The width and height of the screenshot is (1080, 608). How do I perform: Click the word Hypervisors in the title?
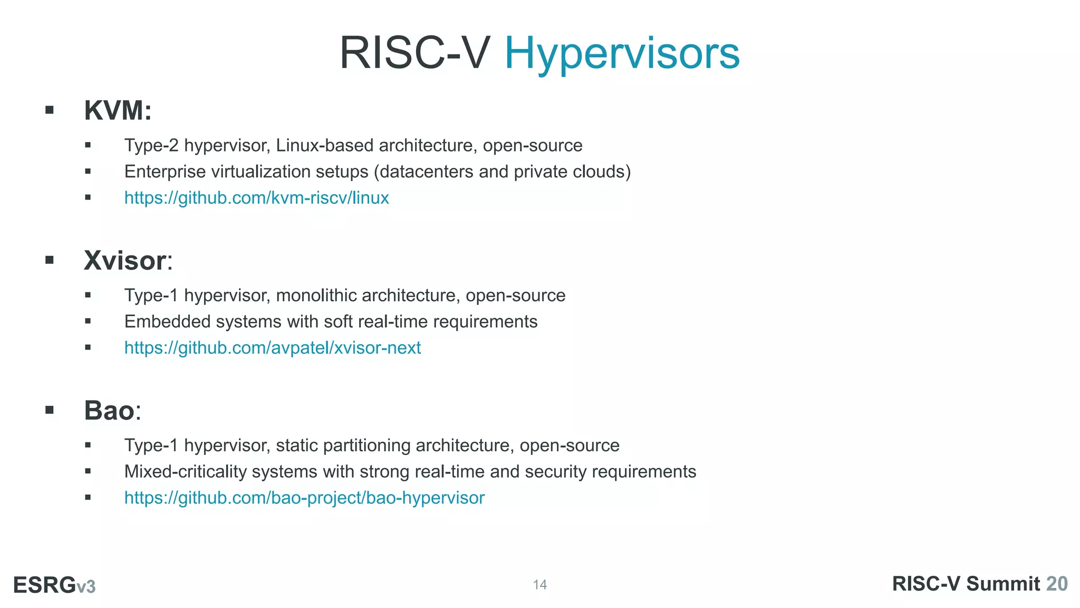coord(622,54)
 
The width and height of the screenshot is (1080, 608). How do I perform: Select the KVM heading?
coord(118,111)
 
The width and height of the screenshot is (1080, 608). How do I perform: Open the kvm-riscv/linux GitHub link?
coord(256,198)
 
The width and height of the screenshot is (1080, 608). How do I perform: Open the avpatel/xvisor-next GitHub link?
coord(272,348)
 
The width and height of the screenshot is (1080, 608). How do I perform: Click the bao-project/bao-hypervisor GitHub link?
coord(304,498)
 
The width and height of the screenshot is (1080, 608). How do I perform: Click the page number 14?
coord(539,585)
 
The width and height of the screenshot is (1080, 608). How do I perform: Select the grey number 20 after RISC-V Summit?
coord(1057,584)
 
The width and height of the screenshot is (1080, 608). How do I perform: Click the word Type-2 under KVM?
coord(151,145)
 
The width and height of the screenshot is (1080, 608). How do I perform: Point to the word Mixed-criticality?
coord(185,471)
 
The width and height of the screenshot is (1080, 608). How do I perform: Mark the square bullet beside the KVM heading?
coord(50,110)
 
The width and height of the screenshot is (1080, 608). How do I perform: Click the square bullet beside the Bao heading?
coord(50,410)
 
